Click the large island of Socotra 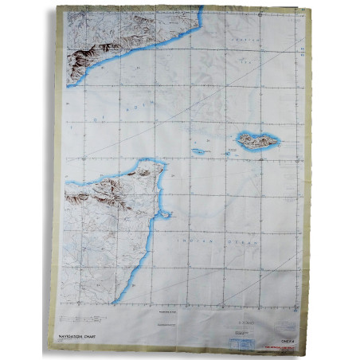[257, 142]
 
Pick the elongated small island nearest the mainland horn [200, 151]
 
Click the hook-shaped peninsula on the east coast [164, 213]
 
